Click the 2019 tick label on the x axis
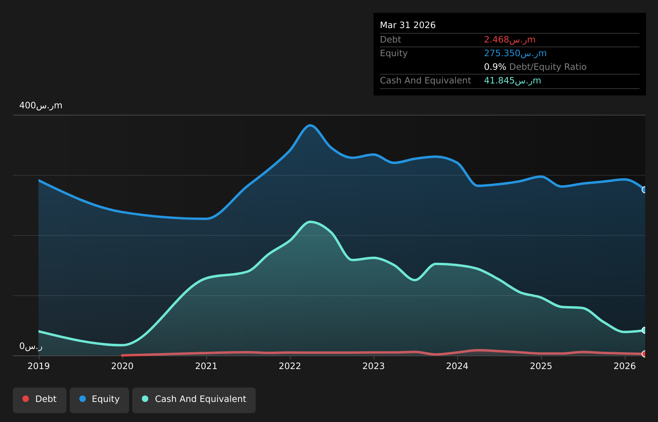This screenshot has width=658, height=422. pos(38,366)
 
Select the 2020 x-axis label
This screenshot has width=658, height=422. pos(122,366)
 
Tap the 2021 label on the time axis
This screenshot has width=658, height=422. pos(206,366)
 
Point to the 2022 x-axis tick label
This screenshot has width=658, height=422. pos(290,366)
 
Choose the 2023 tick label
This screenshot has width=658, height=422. pos(373,366)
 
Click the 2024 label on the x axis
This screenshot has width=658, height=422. pos(457,366)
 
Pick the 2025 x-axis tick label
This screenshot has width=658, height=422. pos(541,366)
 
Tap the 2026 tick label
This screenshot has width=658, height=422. pos(625,366)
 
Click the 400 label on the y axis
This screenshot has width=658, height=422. pos(41,105)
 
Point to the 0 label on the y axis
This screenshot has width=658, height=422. pos(31,346)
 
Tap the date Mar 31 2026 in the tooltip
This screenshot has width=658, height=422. pos(408,25)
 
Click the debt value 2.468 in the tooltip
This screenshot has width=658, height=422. pos(510,39)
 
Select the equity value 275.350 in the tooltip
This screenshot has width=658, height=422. pos(515,53)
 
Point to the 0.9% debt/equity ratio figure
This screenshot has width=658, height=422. pos(495,67)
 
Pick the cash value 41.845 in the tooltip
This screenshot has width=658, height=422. pos(513,81)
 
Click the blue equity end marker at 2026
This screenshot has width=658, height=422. pos(644,190)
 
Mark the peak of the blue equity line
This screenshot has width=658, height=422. pos(310,125)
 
